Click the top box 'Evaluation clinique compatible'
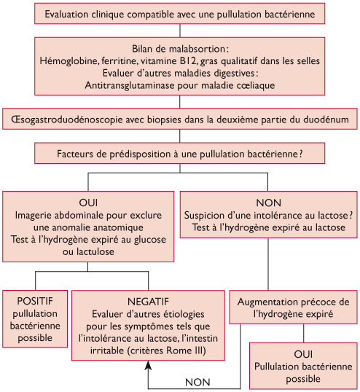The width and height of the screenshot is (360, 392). coord(181,14)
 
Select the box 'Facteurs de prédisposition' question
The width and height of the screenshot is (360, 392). coord(180,154)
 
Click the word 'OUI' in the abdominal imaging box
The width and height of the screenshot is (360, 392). coord(88,202)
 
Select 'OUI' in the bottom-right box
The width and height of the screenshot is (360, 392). coord(304,353)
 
